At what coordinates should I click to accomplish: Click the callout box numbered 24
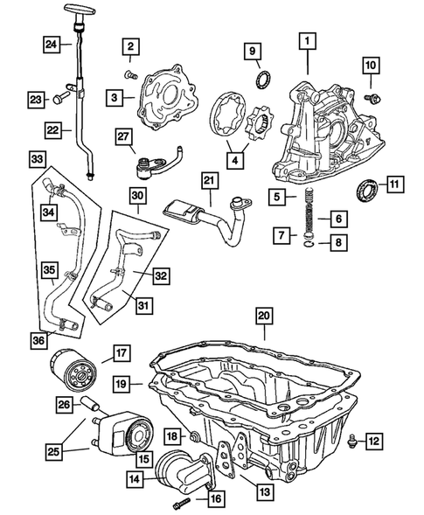(x=52, y=45)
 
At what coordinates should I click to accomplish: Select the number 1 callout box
(x=307, y=39)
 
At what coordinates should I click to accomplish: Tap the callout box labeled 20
(x=264, y=317)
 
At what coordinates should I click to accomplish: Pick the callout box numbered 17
(x=121, y=353)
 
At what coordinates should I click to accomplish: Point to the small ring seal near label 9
(x=260, y=82)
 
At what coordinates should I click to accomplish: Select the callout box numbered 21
(x=208, y=180)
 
